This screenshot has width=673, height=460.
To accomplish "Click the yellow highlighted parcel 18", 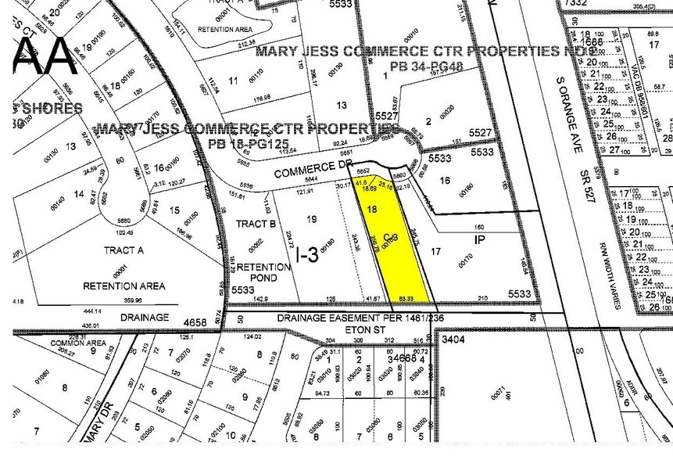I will pyautogui.click(x=391, y=243).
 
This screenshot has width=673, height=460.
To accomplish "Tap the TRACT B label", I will pyautogui.click(x=256, y=225).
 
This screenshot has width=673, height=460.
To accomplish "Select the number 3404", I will pyautogui.click(x=453, y=340).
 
